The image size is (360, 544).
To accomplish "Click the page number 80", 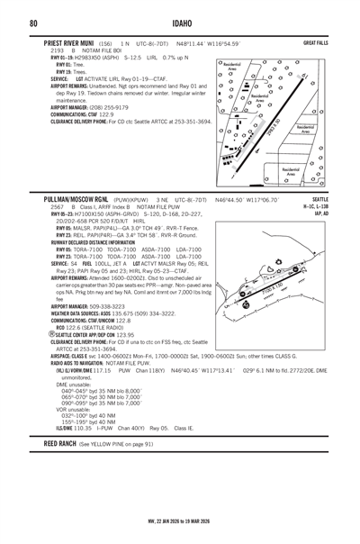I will (x=32, y=23).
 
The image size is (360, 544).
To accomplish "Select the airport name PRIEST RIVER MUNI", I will (x=69, y=43).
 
